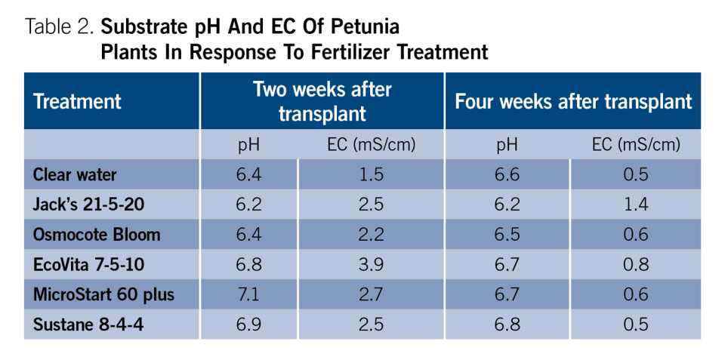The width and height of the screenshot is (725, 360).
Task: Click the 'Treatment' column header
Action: [77, 101]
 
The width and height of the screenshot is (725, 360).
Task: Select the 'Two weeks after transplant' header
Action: [322, 101]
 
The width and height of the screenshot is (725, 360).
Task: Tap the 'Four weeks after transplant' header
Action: [572, 101]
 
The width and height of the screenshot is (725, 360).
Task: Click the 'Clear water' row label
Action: [75, 175]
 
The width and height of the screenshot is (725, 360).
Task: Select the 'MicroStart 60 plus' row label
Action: [103, 294]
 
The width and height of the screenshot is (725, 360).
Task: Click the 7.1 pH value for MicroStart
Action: [248, 294]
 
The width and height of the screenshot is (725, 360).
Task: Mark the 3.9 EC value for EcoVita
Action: [371, 264]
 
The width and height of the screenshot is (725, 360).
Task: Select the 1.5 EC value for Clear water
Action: [371, 175]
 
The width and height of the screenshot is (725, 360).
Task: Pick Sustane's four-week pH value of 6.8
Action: [507, 324]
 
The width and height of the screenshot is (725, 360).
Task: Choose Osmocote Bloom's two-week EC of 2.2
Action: [371, 235]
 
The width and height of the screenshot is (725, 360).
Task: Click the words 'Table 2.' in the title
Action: [60, 28]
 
